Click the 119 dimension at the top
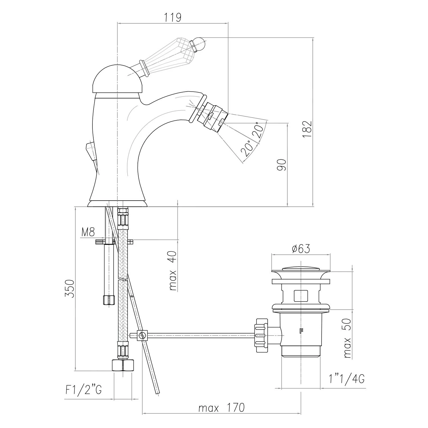(x=173, y=17)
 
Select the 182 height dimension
(x=307, y=129)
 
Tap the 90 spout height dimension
(x=281, y=165)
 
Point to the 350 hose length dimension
(x=70, y=288)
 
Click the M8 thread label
(x=88, y=232)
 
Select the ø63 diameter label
(x=301, y=249)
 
